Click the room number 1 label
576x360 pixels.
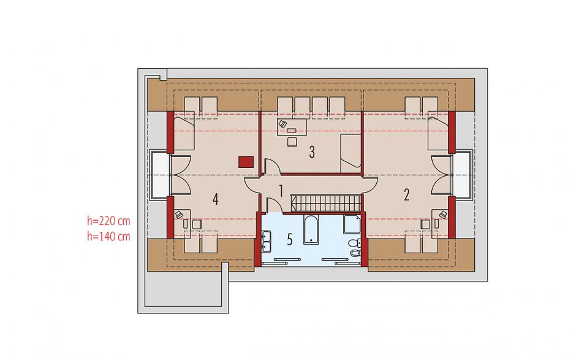click(281, 191)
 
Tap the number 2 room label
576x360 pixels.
click(406, 195)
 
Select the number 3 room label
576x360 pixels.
click(312, 152)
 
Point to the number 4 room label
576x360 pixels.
click(216, 199)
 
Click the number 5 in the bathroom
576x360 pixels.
click(290, 240)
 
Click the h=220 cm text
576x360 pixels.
click(108, 221)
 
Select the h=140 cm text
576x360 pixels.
click(108, 236)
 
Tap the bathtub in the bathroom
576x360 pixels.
click(311, 229)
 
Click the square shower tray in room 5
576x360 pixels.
click(352, 224)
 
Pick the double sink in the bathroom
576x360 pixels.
click(266, 242)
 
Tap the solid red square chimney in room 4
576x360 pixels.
click(246, 162)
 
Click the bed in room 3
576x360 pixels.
click(351, 153)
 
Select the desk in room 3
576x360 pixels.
click(292, 127)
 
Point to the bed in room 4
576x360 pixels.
click(184, 132)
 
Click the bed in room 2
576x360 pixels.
click(438, 132)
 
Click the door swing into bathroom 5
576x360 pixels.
click(274, 205)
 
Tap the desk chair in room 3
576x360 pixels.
click(292, 142)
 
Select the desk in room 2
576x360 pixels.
click(440, 224)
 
